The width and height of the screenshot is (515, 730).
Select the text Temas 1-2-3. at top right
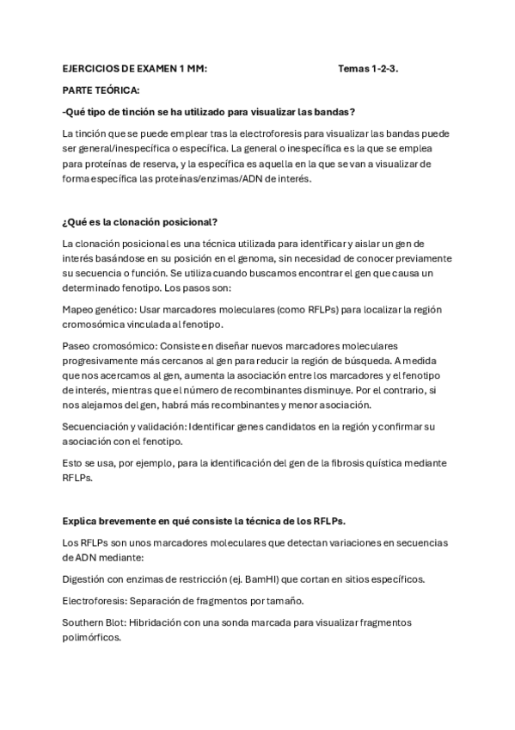(x=368, y=68)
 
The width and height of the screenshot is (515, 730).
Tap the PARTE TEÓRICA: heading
(x=101, y=90)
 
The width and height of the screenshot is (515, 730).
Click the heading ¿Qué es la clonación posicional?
(x=140, y=222)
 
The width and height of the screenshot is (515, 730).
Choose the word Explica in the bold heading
(x=79, y=522)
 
